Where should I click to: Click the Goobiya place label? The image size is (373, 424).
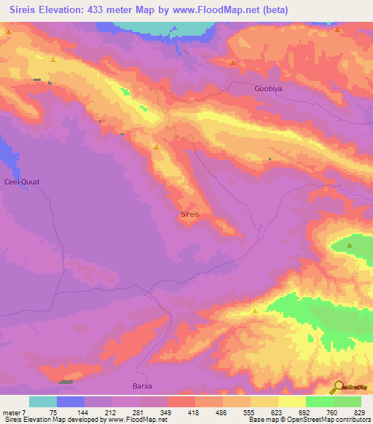(267, 89)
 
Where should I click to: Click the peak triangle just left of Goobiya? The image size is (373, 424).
(232, 63)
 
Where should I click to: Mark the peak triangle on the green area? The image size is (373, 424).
(350, 246)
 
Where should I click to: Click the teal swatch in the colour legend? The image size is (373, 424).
(43, 401)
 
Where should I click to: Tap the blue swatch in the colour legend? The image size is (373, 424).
(71, 401)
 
